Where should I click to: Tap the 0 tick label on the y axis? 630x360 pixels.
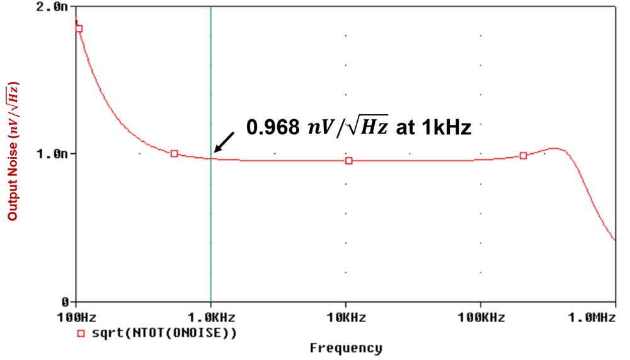[65, 301]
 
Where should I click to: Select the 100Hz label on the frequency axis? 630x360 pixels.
[76, 318]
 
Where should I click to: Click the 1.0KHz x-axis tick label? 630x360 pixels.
[210, 318]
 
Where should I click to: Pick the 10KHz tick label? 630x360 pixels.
[345, 318]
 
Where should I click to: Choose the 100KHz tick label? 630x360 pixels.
[481, 318]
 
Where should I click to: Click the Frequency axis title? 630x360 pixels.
[346, 348]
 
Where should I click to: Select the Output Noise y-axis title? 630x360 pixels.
[13, 151]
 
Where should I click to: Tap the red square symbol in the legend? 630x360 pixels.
[81, 334]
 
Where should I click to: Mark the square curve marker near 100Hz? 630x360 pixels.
[79, 28]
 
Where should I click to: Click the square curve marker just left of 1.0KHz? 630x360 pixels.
[175, 154]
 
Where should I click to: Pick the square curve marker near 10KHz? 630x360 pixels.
[349, 161]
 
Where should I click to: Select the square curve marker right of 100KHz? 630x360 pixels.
[524, 156]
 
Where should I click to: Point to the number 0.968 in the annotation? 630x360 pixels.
[272, 128]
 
